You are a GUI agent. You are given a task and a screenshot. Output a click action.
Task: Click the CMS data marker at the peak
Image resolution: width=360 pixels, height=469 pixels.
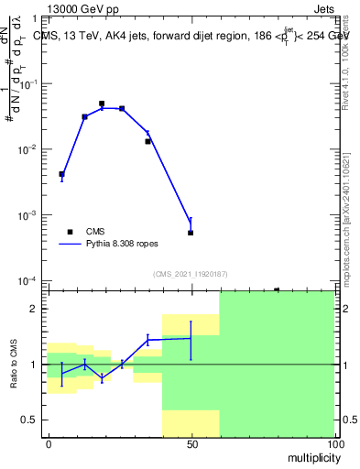click(102, 104)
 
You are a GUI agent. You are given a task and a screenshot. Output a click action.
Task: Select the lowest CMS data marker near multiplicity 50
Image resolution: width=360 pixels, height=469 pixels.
click(191, 233)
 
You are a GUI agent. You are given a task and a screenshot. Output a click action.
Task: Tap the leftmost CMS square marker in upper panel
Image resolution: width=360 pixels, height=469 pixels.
click(61, 174)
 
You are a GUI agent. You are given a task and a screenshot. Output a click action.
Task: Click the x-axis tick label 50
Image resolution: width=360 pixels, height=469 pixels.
click(191, 444)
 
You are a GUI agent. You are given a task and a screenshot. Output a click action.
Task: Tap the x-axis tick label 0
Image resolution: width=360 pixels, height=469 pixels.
click(49, 444)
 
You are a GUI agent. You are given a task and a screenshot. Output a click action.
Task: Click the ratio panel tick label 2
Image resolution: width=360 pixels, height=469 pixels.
click(37, 309)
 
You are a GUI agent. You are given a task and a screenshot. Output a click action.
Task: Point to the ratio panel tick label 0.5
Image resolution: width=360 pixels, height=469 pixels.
click(32, 420)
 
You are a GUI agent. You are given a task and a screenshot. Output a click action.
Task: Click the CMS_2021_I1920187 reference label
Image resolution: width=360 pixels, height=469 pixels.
click(191, 274)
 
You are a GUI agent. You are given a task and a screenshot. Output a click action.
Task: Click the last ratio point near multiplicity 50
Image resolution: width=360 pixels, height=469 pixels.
click(191, 338)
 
